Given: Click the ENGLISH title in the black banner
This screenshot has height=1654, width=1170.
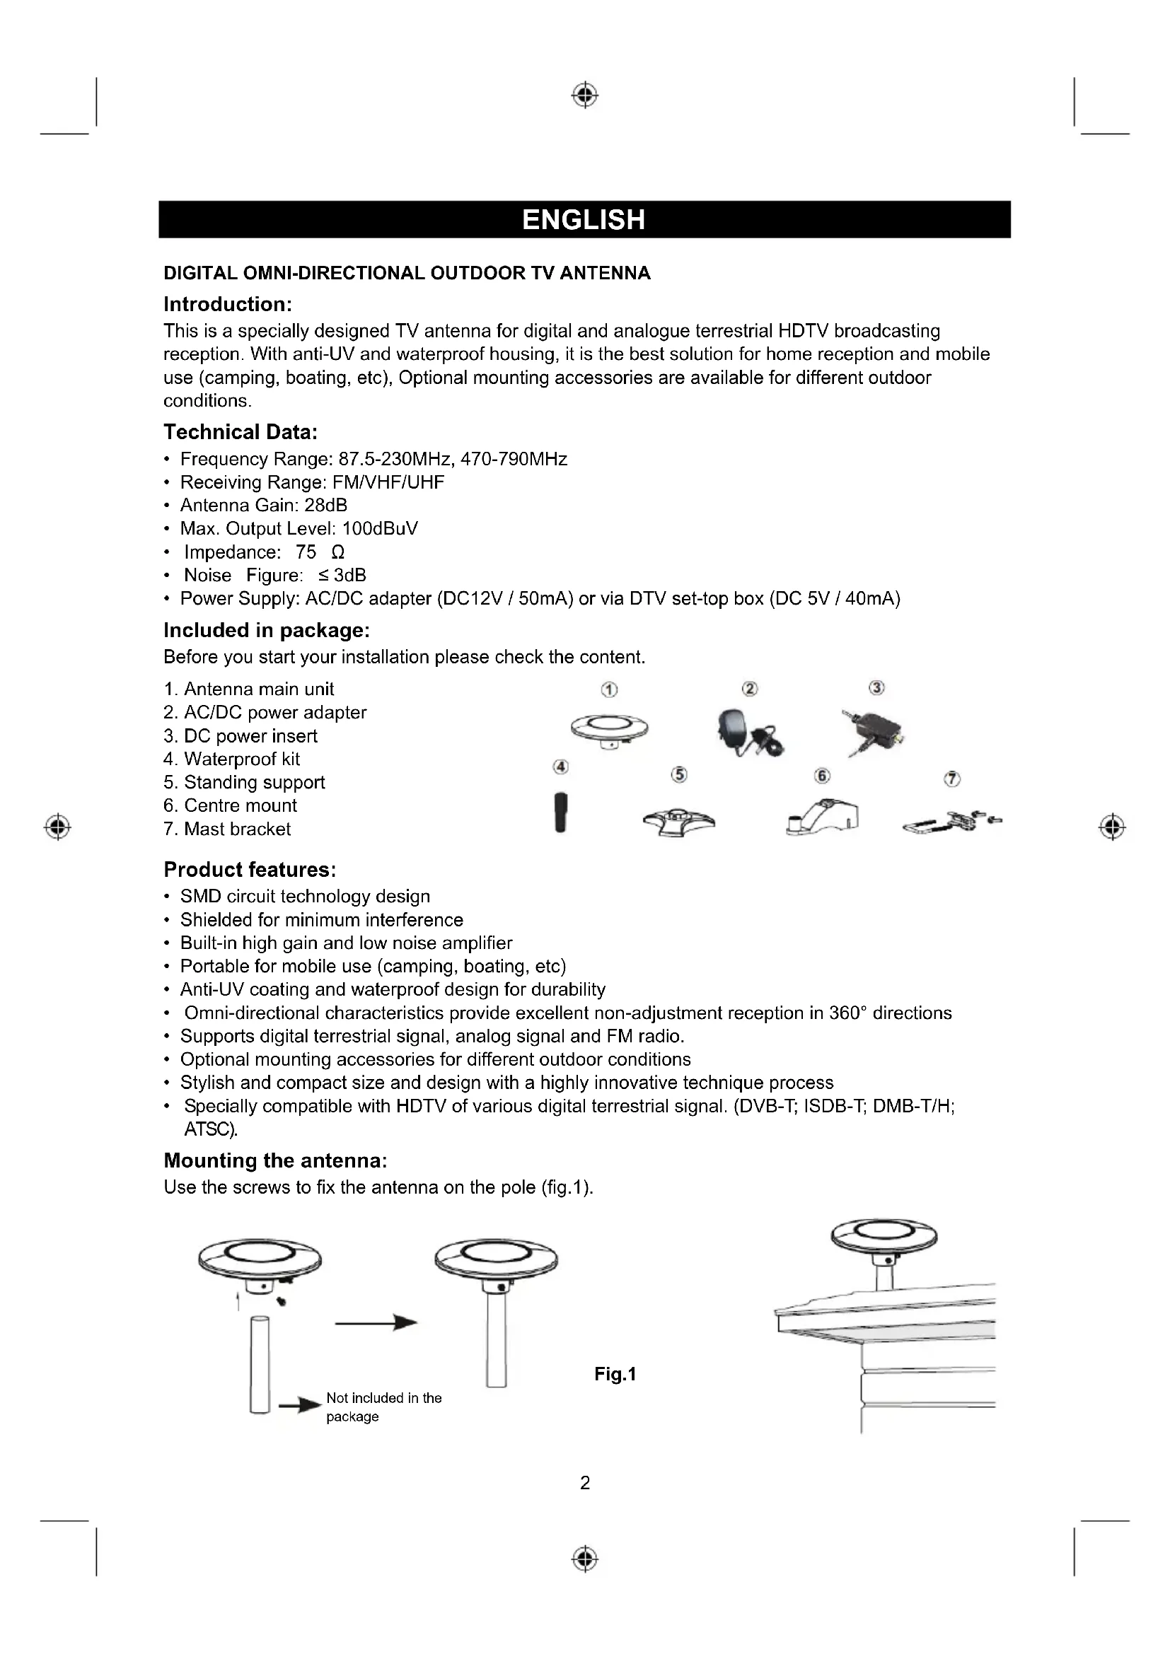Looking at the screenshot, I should coord(584,220).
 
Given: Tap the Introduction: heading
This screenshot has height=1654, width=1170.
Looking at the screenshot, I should coord(228,304).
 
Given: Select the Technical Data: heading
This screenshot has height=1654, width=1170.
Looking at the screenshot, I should coord(241,432).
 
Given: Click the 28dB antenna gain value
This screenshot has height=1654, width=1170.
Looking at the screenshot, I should coord(325,506).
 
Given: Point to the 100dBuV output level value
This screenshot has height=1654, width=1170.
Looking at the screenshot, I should coord(380,529).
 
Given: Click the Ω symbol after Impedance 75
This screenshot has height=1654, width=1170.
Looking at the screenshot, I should coord(337,552).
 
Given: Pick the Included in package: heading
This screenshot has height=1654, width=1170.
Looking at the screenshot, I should coord(267,630).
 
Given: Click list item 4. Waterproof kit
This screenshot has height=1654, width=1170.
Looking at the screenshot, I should coord(231,759).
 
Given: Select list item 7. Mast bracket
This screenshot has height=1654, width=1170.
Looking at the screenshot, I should coord(227,829).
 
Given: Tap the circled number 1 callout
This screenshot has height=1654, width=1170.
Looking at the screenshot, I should coord(610,689).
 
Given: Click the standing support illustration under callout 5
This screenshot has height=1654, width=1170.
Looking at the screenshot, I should coord(678,821).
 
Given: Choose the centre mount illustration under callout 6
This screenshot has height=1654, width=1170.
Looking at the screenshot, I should coord(823,817).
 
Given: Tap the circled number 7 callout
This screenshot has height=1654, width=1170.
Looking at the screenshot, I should coord(951,779).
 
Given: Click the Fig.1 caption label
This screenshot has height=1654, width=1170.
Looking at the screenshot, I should coord(615,1375).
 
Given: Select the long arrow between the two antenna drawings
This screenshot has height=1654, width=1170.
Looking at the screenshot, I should coord(376,1322).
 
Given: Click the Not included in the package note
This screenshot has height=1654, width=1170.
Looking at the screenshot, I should coord(383,1407).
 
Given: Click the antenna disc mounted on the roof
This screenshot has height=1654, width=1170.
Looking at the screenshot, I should coord(884,1236).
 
